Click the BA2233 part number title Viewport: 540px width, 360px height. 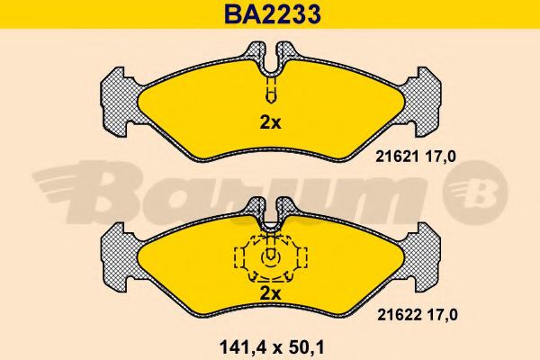273,14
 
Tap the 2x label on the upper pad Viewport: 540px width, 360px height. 270,122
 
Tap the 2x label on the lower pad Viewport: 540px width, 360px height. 270,293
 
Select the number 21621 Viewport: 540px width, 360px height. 397,157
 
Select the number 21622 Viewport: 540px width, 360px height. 399,315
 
